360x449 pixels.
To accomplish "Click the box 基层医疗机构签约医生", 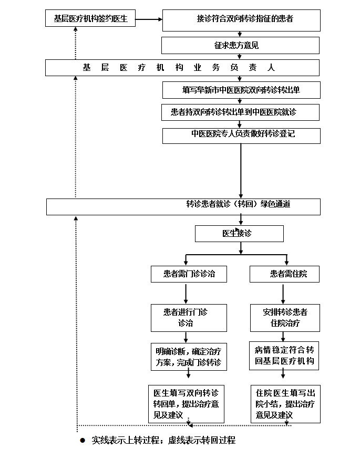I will pyautogui.click(x=90, y=19).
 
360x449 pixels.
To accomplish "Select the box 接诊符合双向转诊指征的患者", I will pyautogui.click(x=241, y=19).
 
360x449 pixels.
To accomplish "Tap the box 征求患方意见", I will pyautogui.click(x=241, y=46).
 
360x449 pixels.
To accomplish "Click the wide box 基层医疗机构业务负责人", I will pyautogui.click(x=182, y=68).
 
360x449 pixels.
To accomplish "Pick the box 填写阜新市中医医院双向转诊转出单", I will pyautogui.click(x=241, y=90).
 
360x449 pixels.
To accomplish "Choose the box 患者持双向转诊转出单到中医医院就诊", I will pyautogui.click(x=241, y=112).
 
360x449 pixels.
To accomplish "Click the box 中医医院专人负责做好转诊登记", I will pyautogui.click(x=241, y=135).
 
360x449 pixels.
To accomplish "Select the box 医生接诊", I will pyautogui.click(x=239, y=234).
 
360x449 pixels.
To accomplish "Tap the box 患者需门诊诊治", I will pyautogui.click(x=189, y=274).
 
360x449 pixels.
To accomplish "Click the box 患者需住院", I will pyautogui.click(x=284, y=274).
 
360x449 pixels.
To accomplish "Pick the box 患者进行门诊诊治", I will pyautogui.click(x=189, y=318).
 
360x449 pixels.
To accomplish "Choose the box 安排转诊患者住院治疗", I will pyautogui.click(x=284, y=318).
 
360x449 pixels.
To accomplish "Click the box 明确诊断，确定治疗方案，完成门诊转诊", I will pyautogui.click(x=189, y=356).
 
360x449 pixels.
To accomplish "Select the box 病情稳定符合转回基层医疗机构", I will pyautogui.click(x=284, y=356).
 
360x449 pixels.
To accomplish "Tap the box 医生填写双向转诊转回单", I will pyautogui.click(x=187, y=403).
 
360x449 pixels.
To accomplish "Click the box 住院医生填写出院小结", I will pyautogui.click(x=285, y=403).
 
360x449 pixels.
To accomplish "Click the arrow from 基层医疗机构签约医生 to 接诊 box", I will pyautogui.click(x=149, y=20).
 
